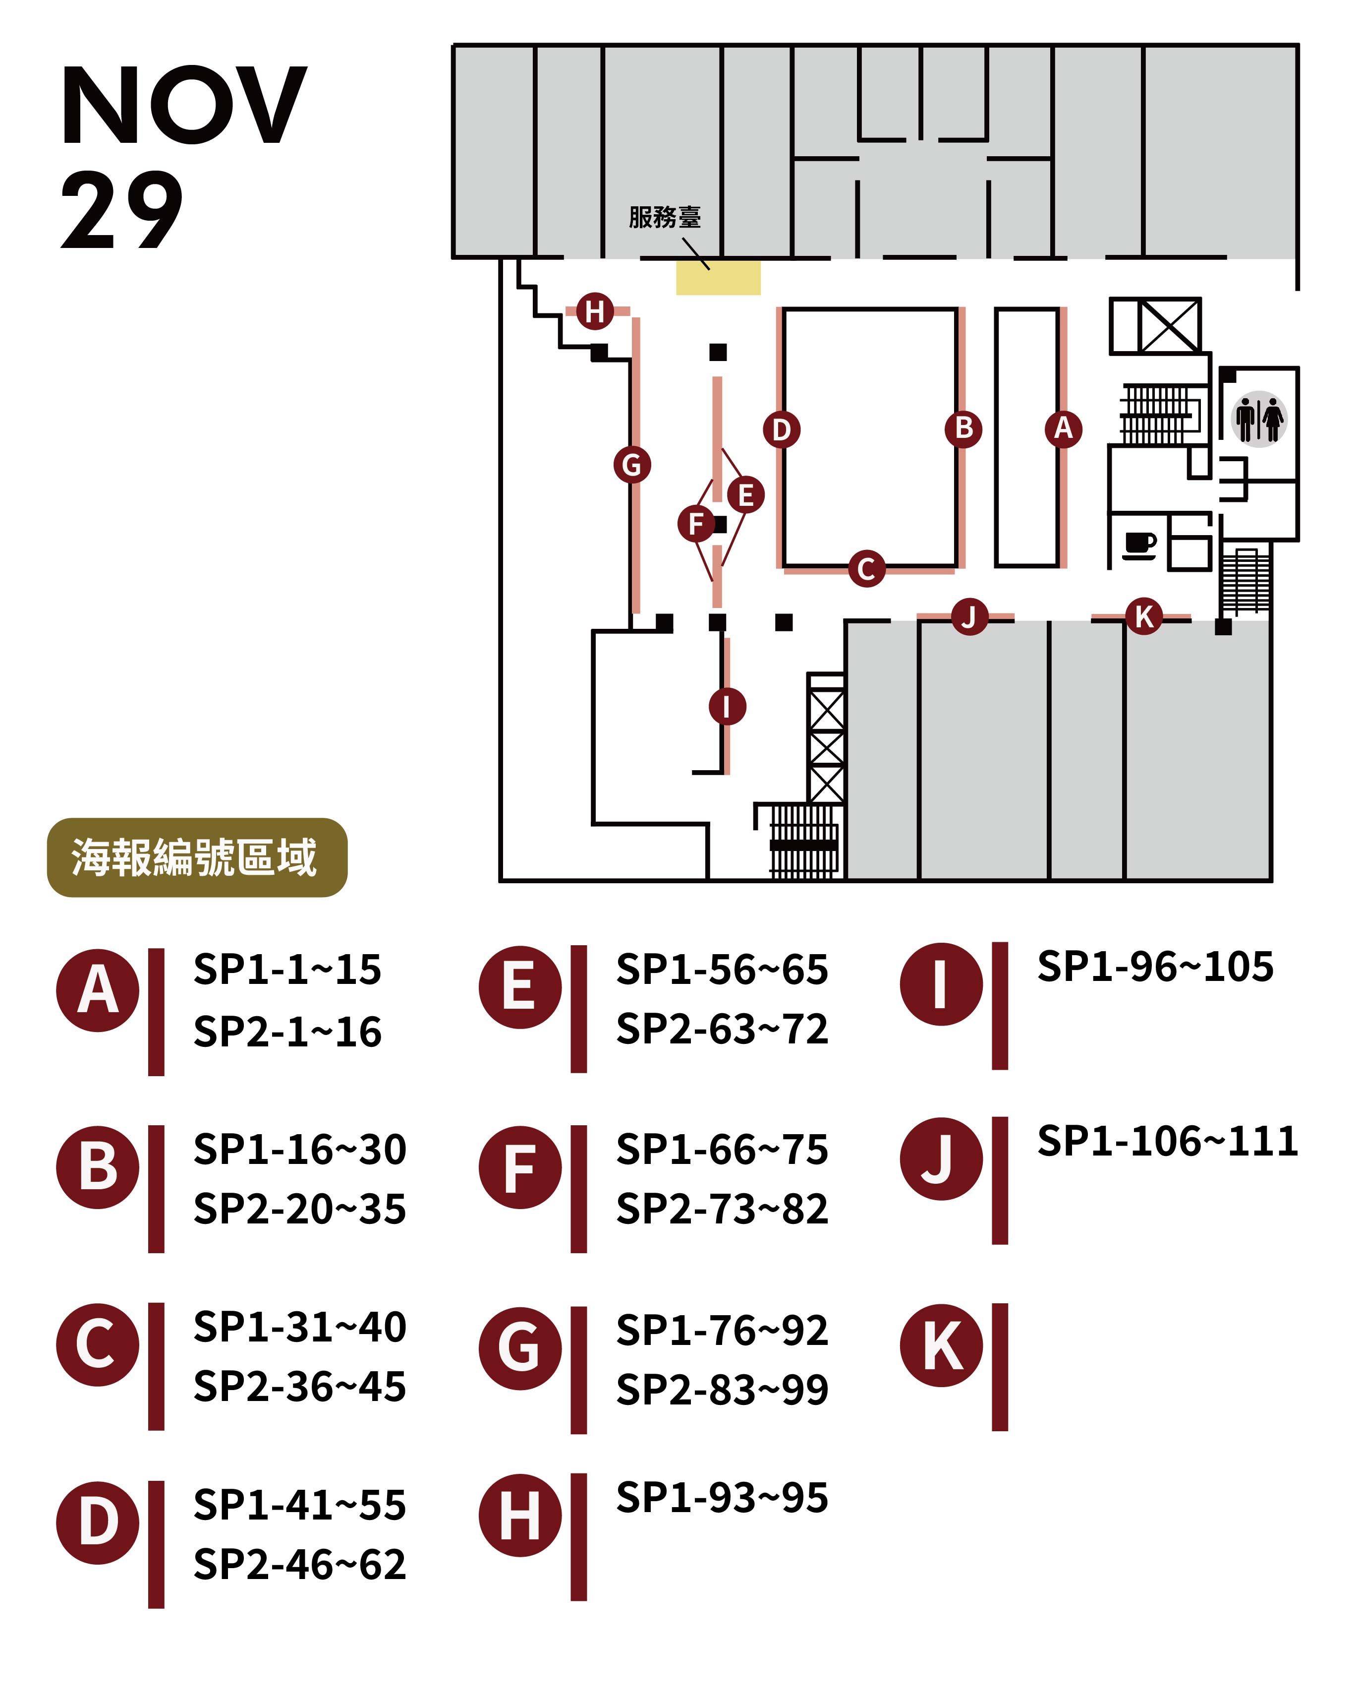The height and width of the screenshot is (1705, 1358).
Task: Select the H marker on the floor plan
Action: click(594, 311)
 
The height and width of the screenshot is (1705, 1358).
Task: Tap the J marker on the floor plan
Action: click(969, 616)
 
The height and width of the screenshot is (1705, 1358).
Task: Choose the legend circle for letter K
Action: click(941, 1344)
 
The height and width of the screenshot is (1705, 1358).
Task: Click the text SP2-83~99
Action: click(722, 1390)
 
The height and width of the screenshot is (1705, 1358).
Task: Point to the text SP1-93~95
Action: click(722, 1498)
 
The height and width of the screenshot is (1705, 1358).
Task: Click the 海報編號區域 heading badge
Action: click(197, 857)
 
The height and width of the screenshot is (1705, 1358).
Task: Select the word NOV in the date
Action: click(183, 106)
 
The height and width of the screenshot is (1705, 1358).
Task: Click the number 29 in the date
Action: click(122, 210)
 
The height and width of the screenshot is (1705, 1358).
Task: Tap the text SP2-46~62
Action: click(299, 1564)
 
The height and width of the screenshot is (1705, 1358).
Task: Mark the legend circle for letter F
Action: click(519, 1168)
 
